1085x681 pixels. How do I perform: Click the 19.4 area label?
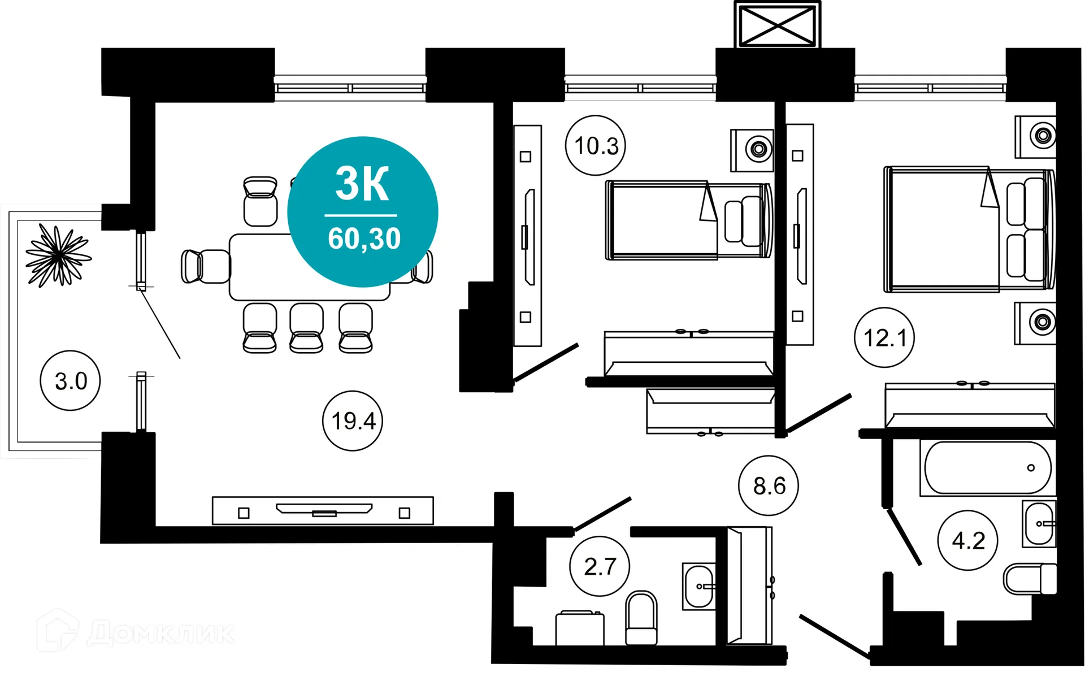(x=353, y=421)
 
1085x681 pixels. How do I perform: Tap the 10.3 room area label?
(x=596, y=146)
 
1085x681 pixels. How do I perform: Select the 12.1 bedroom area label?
(x=884, y=338)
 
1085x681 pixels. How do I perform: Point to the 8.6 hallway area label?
(x=769, y=485)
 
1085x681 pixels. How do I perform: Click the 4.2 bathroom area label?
(x=967, y=541)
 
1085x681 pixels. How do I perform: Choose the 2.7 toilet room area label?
(x=600, y=566)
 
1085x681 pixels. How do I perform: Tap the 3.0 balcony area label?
(x=71, y=381)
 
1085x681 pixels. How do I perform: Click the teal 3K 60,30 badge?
(x=363, y=212)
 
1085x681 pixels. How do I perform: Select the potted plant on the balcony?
(x=58, y=255)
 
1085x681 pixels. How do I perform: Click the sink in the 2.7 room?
(x=699, y=586)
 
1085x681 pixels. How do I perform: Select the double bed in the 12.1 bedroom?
(x=969, y=229)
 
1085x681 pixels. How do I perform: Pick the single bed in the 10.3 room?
(x=688, y=220)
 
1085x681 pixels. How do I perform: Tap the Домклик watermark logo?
(x=136, y=632)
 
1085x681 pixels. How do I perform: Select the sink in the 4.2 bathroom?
(x=1039, y=524)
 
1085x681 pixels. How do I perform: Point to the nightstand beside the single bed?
(x=752, y=150)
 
